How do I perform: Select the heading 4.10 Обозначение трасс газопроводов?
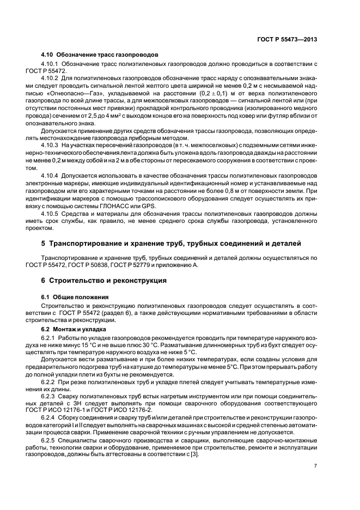(x=100, y=55)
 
